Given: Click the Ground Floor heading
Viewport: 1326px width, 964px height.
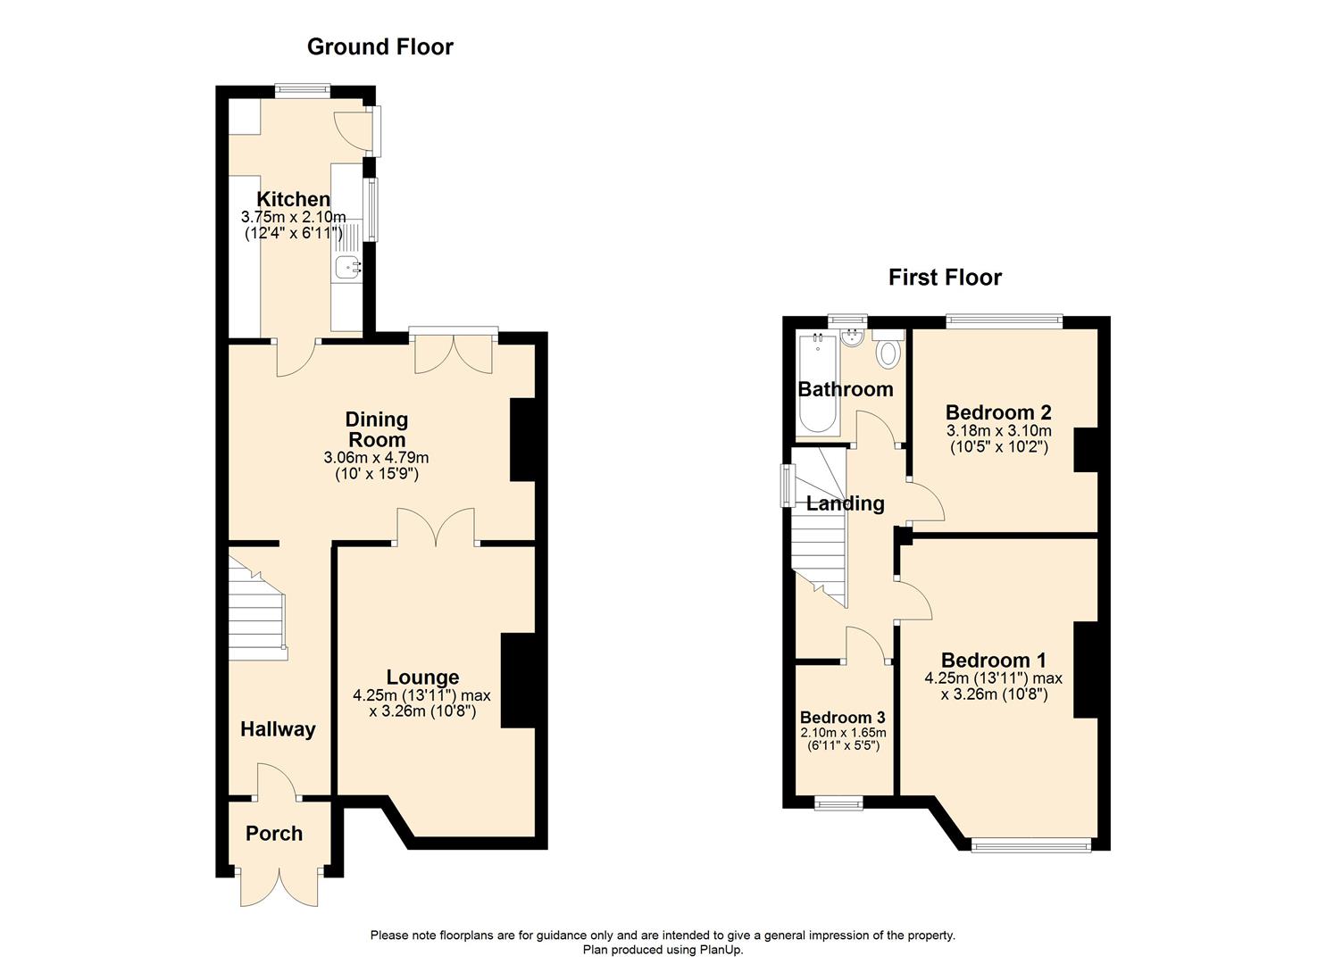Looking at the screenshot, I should pyautogui.click(x=379, y=47).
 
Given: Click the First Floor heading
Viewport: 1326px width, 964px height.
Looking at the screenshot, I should pyautogui.click(x=945, y=278).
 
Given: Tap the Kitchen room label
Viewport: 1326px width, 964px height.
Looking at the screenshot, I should pyautogui.click(x=293, y=200).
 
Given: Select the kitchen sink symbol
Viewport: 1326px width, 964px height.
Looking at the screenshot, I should pyautogui.click(x=347, y=265).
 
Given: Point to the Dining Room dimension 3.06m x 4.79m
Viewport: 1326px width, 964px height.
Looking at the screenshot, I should pyautogui.click(x=376, y=458).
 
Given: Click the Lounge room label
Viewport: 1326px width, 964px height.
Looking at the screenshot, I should pyautogui.click(x=422, y=677).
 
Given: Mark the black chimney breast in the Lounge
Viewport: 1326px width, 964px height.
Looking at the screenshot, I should pyautogui.click(x=517, y=680).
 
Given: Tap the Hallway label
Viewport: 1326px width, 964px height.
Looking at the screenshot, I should pyautogui.click(x=278, y=729).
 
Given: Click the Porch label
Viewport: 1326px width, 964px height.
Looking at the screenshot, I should pyautogui.click(x=274, y=834).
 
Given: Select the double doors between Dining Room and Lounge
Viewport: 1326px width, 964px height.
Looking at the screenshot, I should pyautogui.click(x=436, y=527).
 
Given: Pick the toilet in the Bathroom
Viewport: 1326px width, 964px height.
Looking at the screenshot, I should pyautogui.click(x=888, y=353).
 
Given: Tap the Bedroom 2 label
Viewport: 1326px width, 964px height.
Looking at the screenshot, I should pyautogui.click(x=998, y=412).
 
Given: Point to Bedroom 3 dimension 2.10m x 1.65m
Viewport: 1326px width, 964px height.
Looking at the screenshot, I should pyautogui.click(x=843, y=732).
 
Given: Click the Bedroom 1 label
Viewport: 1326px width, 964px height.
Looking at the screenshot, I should pyautogui.click(x=993, y=661).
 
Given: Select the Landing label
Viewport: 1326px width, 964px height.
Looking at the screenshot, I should pyautogui.click(x=845, y=503).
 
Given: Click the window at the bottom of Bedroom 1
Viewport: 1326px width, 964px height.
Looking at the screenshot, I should pyautogui.click(x=1030, y=843).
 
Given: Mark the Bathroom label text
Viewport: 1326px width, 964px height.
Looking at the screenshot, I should pyautogui.click(x=845, y=389).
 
